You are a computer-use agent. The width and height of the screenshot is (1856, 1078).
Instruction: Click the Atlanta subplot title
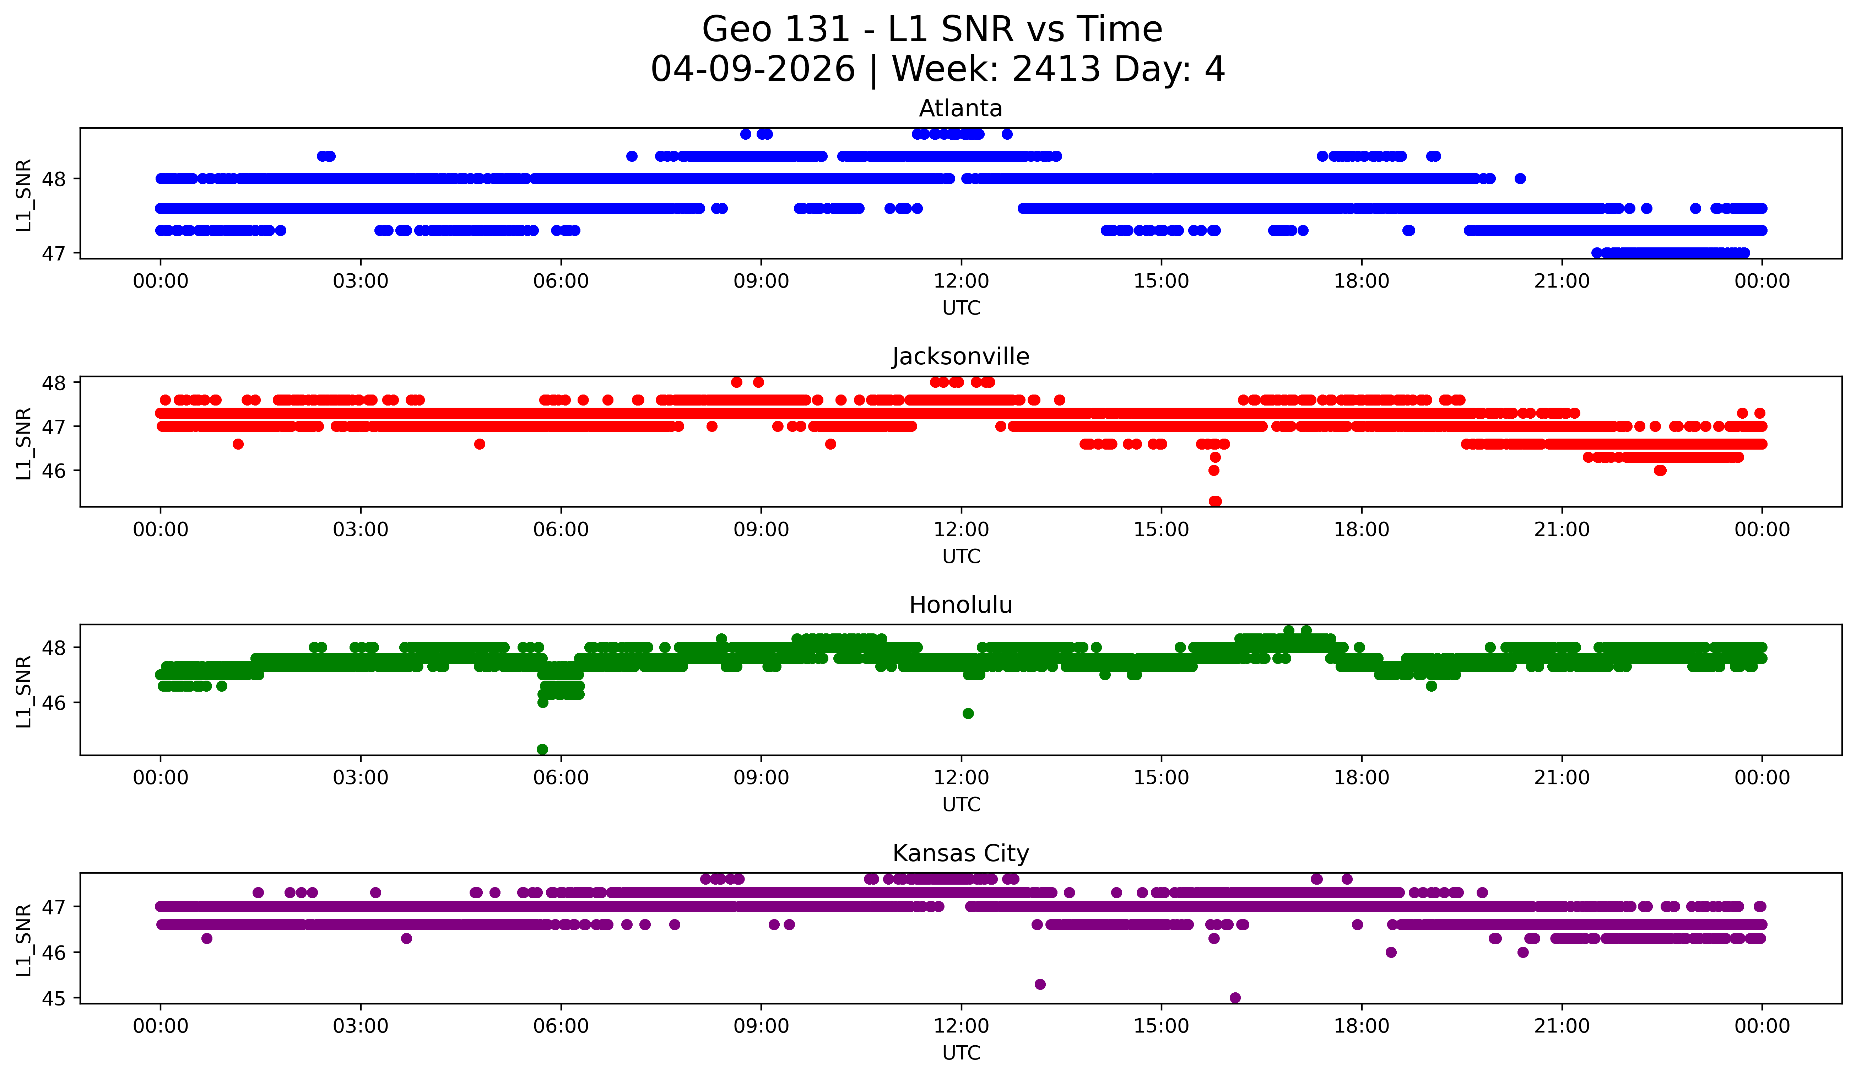[x=961, y=108]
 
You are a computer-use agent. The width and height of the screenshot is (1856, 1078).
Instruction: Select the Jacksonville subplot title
[x=961, y=356]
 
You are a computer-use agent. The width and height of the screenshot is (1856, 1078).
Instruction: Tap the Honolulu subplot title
[x=961, y=605]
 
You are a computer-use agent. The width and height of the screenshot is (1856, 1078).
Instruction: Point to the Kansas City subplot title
[x=961, y=853]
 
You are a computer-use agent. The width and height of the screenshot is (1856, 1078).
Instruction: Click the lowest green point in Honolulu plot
[x=542, y=749]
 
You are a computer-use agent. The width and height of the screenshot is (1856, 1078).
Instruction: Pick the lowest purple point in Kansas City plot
[x=1235, y=998]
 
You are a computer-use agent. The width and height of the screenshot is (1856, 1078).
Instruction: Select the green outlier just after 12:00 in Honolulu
[x=968, y=713]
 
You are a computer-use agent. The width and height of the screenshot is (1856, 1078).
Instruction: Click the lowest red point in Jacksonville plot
[x=1215, y=501]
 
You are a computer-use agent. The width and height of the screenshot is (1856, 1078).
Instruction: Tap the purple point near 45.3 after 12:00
[x=1040, y=985]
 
